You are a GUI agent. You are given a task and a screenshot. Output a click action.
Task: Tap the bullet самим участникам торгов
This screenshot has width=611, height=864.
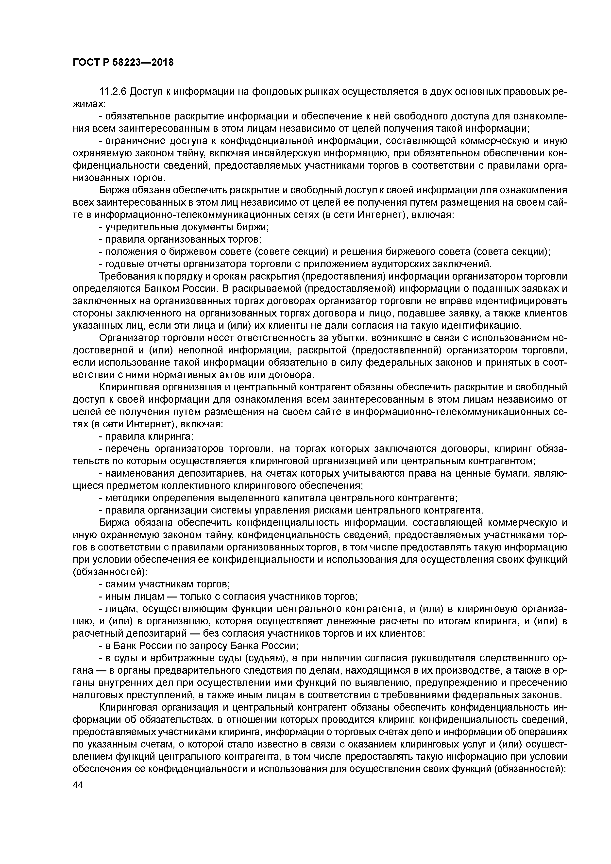pos(164,584)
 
